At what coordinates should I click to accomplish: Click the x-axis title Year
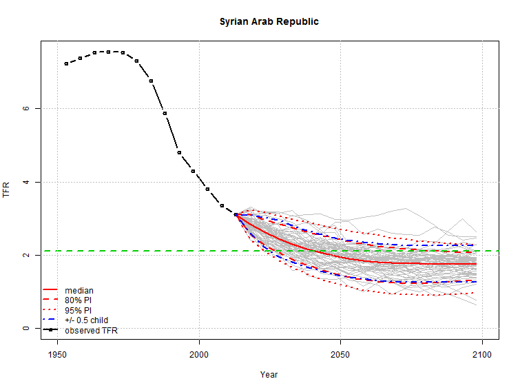click(269, 374)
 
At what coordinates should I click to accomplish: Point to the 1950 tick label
click(57, 354)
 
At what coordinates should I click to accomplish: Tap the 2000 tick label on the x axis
click(199, 354)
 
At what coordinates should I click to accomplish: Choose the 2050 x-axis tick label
click(340, 354)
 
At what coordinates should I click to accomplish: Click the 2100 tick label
click(482, 354)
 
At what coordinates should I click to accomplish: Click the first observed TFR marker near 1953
click(66, 63)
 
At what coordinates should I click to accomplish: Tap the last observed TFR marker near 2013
click(236, 214)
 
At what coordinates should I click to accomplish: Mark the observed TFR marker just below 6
click(165, 113)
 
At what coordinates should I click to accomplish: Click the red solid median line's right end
click(477, 264)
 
